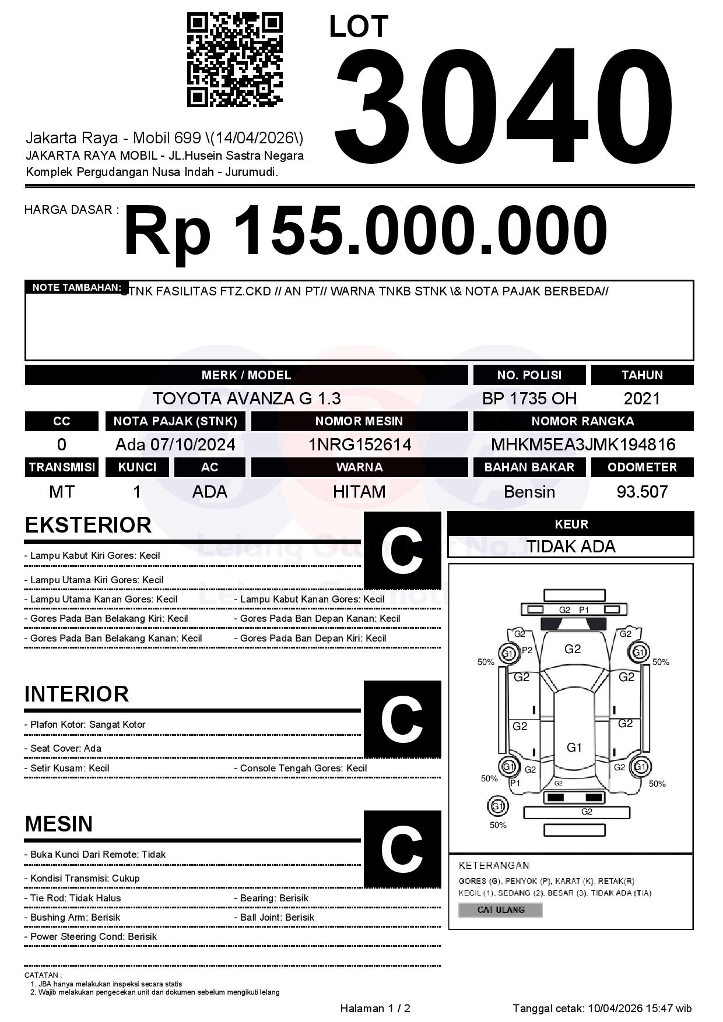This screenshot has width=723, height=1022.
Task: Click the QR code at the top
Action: click(x=234, y=60)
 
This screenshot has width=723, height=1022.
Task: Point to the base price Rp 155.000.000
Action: click(x=365, y=231)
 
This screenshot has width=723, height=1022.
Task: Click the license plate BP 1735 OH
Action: click(x=529, y=399)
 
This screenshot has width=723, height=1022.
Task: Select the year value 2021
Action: click(x=641, y=399)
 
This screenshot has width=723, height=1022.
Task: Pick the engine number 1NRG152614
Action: click(x=359, y=445)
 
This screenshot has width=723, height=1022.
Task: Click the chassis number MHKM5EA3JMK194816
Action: click(x=582, y=445)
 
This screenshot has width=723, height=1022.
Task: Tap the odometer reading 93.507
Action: click(x=641, y=492)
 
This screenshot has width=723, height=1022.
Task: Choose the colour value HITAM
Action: click(x=359, y=492)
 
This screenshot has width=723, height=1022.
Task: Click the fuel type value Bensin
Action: click(x=529, y=492)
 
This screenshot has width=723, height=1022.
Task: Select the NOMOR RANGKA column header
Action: click(x=582, y=421)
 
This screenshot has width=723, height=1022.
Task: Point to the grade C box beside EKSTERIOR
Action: click(x=402, y=550)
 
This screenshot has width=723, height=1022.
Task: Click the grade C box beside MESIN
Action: click(x=402, y=848)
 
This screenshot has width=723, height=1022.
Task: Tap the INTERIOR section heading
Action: click(x=76, y=694)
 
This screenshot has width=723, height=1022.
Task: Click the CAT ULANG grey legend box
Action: click(x=500, y=910)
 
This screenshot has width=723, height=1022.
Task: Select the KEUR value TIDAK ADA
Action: click(x=570, y=547)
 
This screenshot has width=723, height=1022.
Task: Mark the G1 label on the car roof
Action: click(x=574, y=748)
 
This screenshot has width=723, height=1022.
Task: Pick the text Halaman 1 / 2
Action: click(x=375, y=1008)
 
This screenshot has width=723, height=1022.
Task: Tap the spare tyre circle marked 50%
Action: click(x=497, y=806)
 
